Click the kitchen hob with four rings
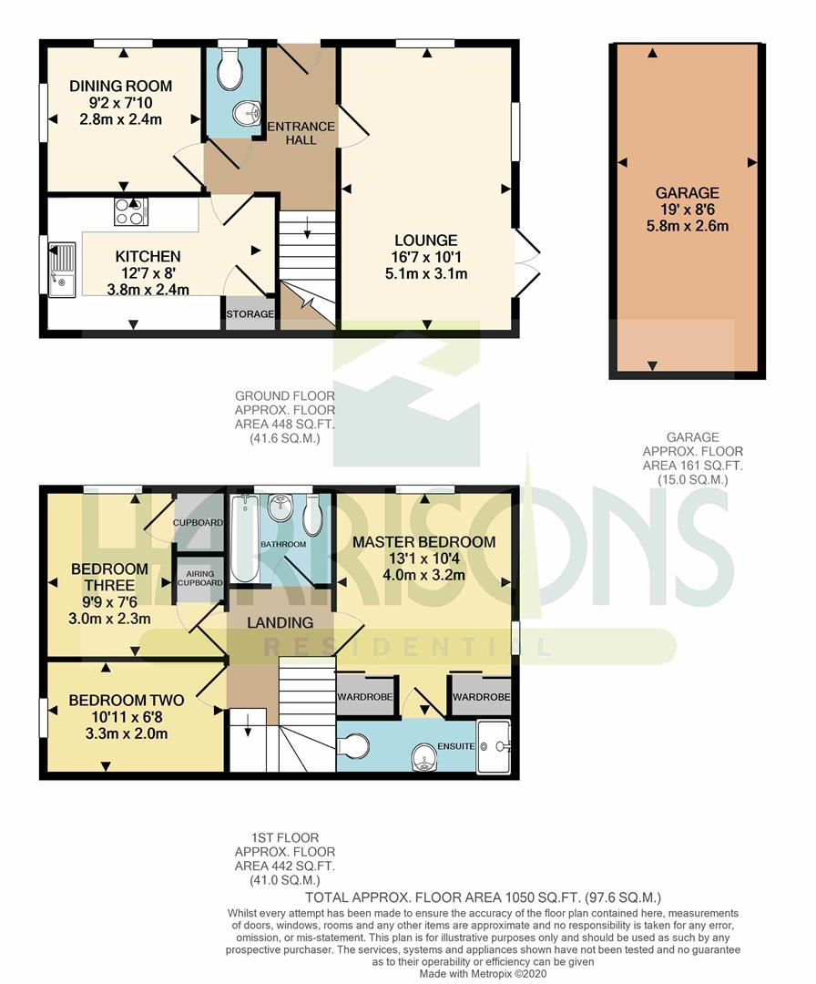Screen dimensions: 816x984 [x=131, y=211]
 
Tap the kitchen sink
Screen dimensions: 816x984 [x=61, y=269]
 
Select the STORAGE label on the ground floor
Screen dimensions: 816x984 [x=250, y=313]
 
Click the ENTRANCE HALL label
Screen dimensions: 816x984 [x=301, y=133]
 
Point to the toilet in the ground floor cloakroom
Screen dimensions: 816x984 [x=230, y=69]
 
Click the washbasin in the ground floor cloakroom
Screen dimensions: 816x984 [x=247, y=113]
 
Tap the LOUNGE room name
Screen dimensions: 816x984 [x=426, y=241]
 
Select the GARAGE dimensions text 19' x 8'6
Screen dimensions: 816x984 [x=688, y=210]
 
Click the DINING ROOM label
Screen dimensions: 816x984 [x=120, y=86]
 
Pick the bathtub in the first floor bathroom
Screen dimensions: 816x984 [x=242, y=538]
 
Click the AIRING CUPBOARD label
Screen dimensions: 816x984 [x=200, y=578]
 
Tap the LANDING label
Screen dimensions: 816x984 [x=280, y=622]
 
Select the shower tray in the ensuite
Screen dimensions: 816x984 [x=494, y=746]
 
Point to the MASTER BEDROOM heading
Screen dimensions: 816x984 [x=424, y=542]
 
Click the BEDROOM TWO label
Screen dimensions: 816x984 [x=126, y=701]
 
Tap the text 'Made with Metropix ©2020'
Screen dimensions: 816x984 [x=483, y=973]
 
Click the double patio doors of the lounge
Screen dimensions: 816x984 [x=527, y=262]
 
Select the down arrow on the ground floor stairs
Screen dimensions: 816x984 [x=307, y=228]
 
